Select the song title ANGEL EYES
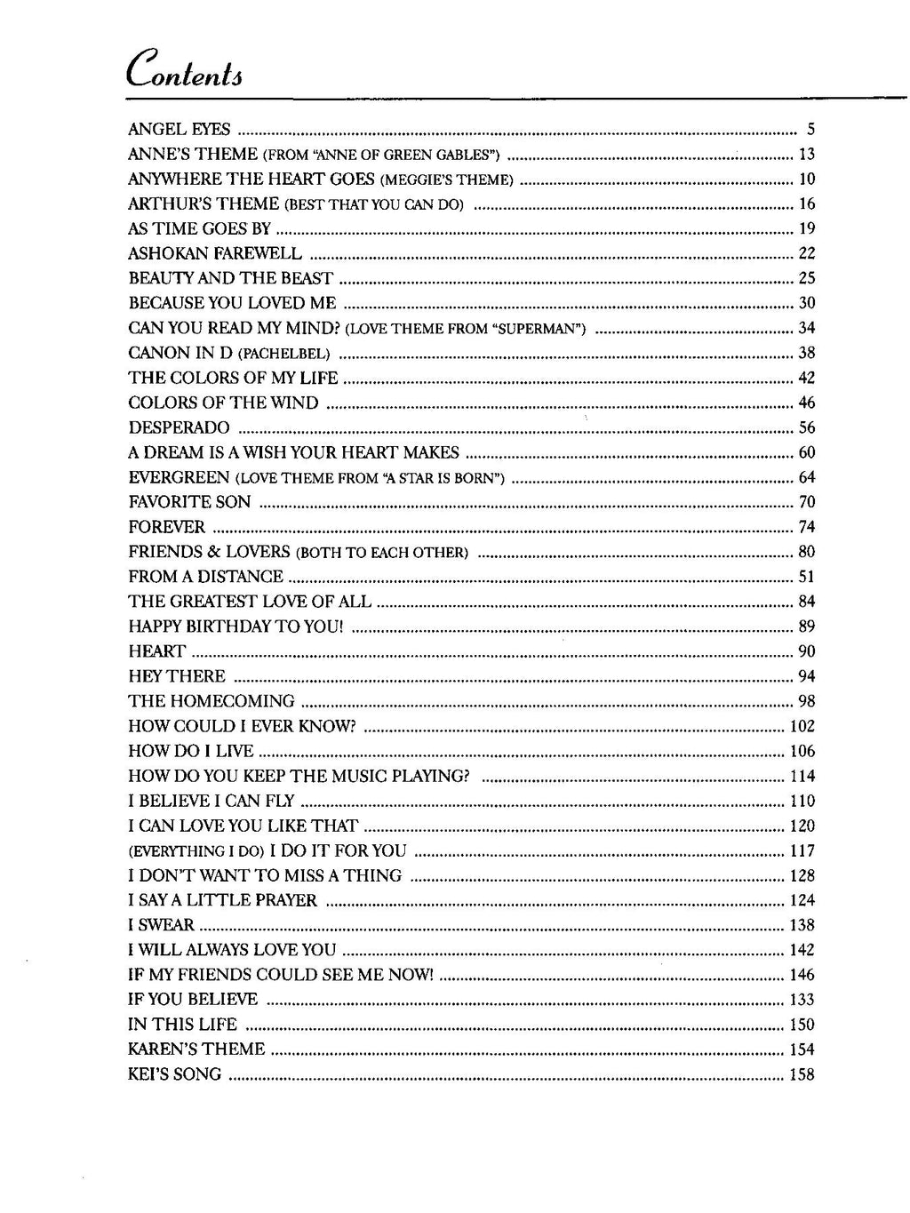coord(180,130)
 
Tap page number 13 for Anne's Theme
coord(807,155)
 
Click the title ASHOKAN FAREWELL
coord(215,254)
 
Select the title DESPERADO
coord(180,428)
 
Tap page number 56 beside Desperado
coord(807,428)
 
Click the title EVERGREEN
coord(180,478)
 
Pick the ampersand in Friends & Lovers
coord(212,553)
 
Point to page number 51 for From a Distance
coord(807,578)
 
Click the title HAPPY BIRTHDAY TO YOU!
coord(235,626)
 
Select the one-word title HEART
coord(157,651)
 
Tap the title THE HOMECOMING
coord(212,701)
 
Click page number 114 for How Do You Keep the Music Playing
coord(802,777)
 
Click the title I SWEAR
coord(162,926)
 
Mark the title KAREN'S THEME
coord(196,1049)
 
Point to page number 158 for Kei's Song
coord(802,1075)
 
